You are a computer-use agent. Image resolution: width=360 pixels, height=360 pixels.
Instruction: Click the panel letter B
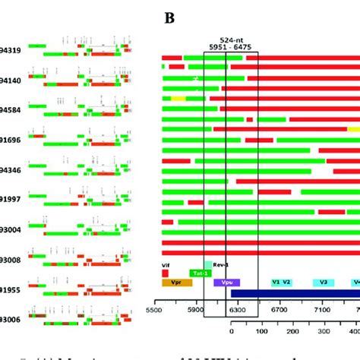click(170, 17)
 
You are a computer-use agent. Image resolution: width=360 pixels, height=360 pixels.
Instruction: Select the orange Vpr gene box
click(177, 283)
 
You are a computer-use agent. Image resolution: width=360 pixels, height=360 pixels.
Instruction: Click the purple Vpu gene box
click(226, 283)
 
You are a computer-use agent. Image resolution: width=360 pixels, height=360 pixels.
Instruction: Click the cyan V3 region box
click(324, 283)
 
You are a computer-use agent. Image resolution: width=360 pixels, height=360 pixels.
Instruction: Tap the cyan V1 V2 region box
click(281, 283)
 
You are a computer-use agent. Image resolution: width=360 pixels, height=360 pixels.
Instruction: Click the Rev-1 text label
click(220, 264)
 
